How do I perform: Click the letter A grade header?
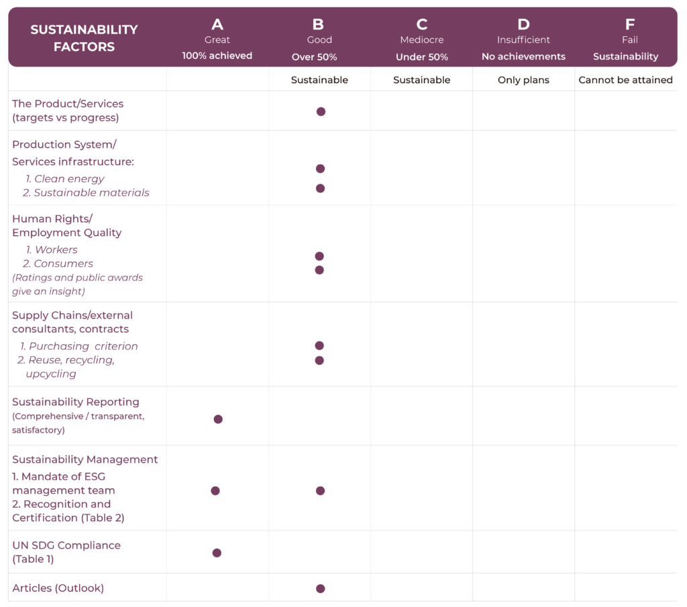tap(217, 25)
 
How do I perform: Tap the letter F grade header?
tap(629, 25)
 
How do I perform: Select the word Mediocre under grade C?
tap(421, 40)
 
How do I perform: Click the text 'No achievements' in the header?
tap(523, 56)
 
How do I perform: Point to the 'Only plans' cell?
tap(523, 80)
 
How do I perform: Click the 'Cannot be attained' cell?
tap(625, 80)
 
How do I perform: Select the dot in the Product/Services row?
tap(321, 111)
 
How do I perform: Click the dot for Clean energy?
tap(320, 168)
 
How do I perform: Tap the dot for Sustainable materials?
tap(320, 188)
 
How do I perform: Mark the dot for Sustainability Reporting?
tap(218, 419)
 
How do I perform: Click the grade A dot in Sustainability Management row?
tap(215, 491)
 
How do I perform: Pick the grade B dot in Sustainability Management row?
tap(320, 491)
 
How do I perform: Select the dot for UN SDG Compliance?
tap(217, 553)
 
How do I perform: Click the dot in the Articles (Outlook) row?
tap(320, 589)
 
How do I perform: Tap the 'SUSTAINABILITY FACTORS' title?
tap(84, 38)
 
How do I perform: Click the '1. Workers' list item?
tap(52, 250)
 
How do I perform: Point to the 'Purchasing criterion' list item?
tap(79, 346)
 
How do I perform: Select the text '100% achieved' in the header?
tap(217, 56)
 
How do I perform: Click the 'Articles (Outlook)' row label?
tap(58, 588)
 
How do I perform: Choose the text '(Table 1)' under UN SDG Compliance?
tap(33, 559)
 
